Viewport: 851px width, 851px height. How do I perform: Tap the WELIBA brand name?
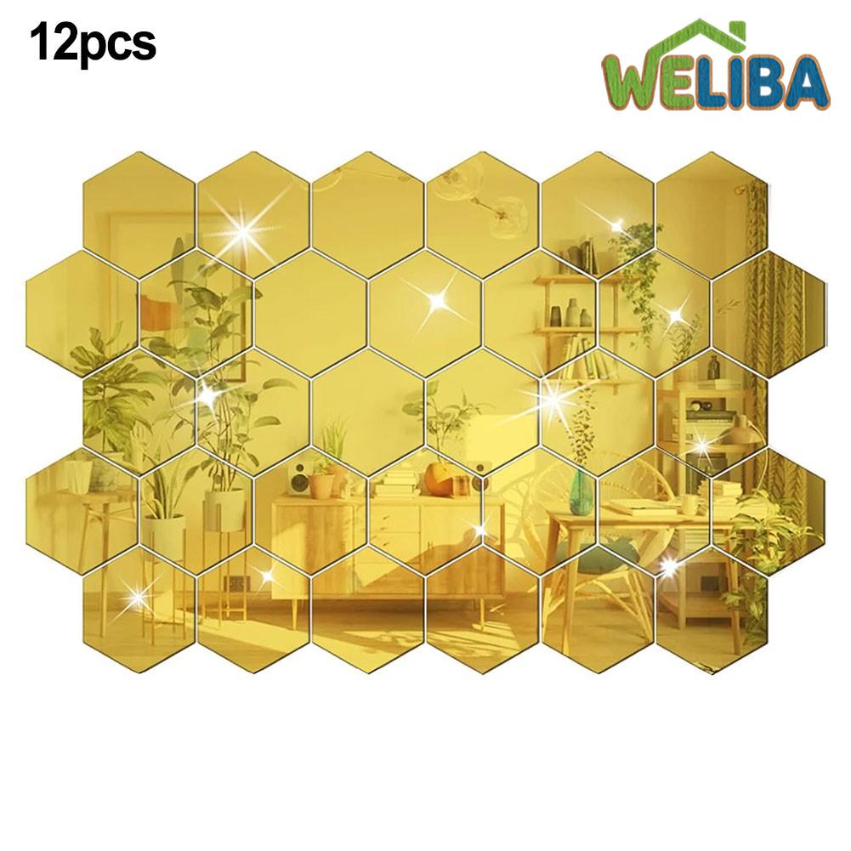tap(715, 83)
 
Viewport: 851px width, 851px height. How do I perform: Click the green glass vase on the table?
tap(581, 491)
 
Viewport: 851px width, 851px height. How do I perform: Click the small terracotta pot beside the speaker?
tap(321, 485)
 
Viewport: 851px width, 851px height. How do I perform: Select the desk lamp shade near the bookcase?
tap(738, 430)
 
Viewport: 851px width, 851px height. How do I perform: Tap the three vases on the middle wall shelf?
tap(569, 317)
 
